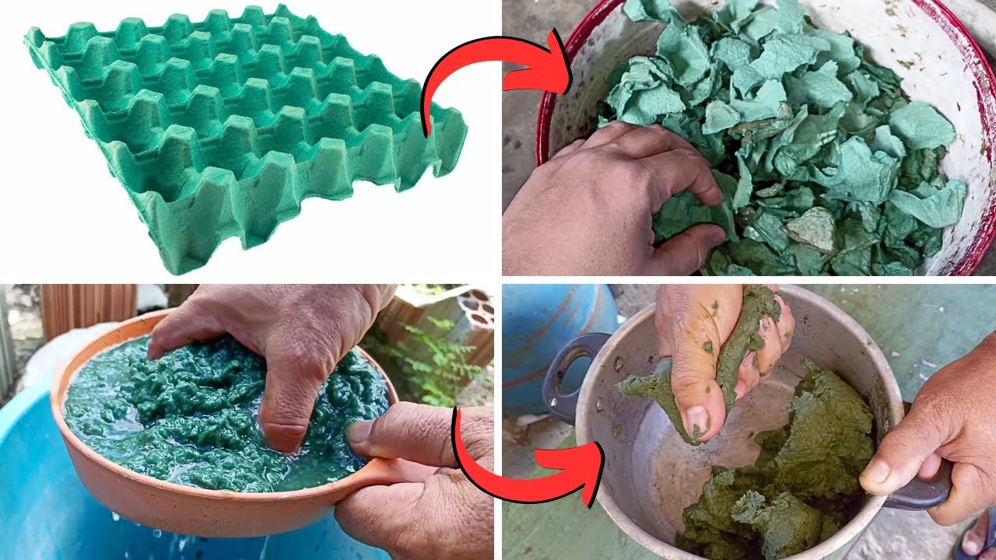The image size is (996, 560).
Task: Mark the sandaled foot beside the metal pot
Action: click(x=977, y=537)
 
